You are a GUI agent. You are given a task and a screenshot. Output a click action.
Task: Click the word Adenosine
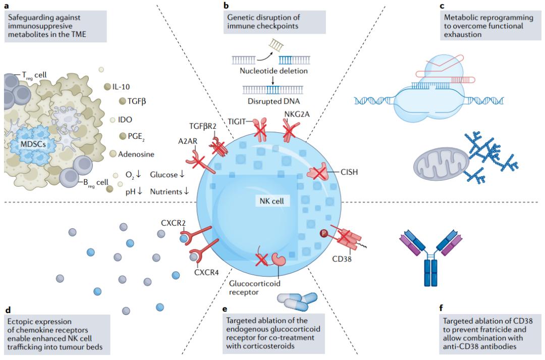click(x=137, y=154)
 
